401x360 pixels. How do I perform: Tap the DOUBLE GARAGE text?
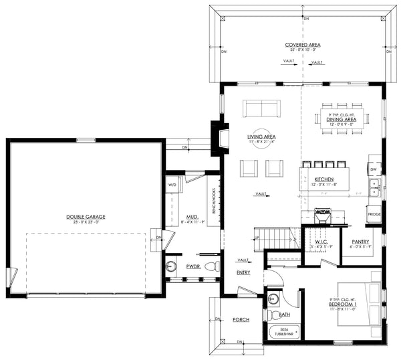pyautogui.click(x=86, y=216)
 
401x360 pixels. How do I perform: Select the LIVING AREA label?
pyautogui.click(x=257, y=137)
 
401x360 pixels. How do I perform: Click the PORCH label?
pyautogui.click(x=241, y=320)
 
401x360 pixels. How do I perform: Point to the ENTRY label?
pyautogui.click(x=243, y=273)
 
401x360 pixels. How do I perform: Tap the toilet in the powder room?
pyautogui.click(x=212, y=266)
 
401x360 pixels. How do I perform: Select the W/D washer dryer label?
pyautogui.click(x=172, y=184)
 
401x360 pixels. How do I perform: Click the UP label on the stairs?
pyautogui.click(x=255, y=237)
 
